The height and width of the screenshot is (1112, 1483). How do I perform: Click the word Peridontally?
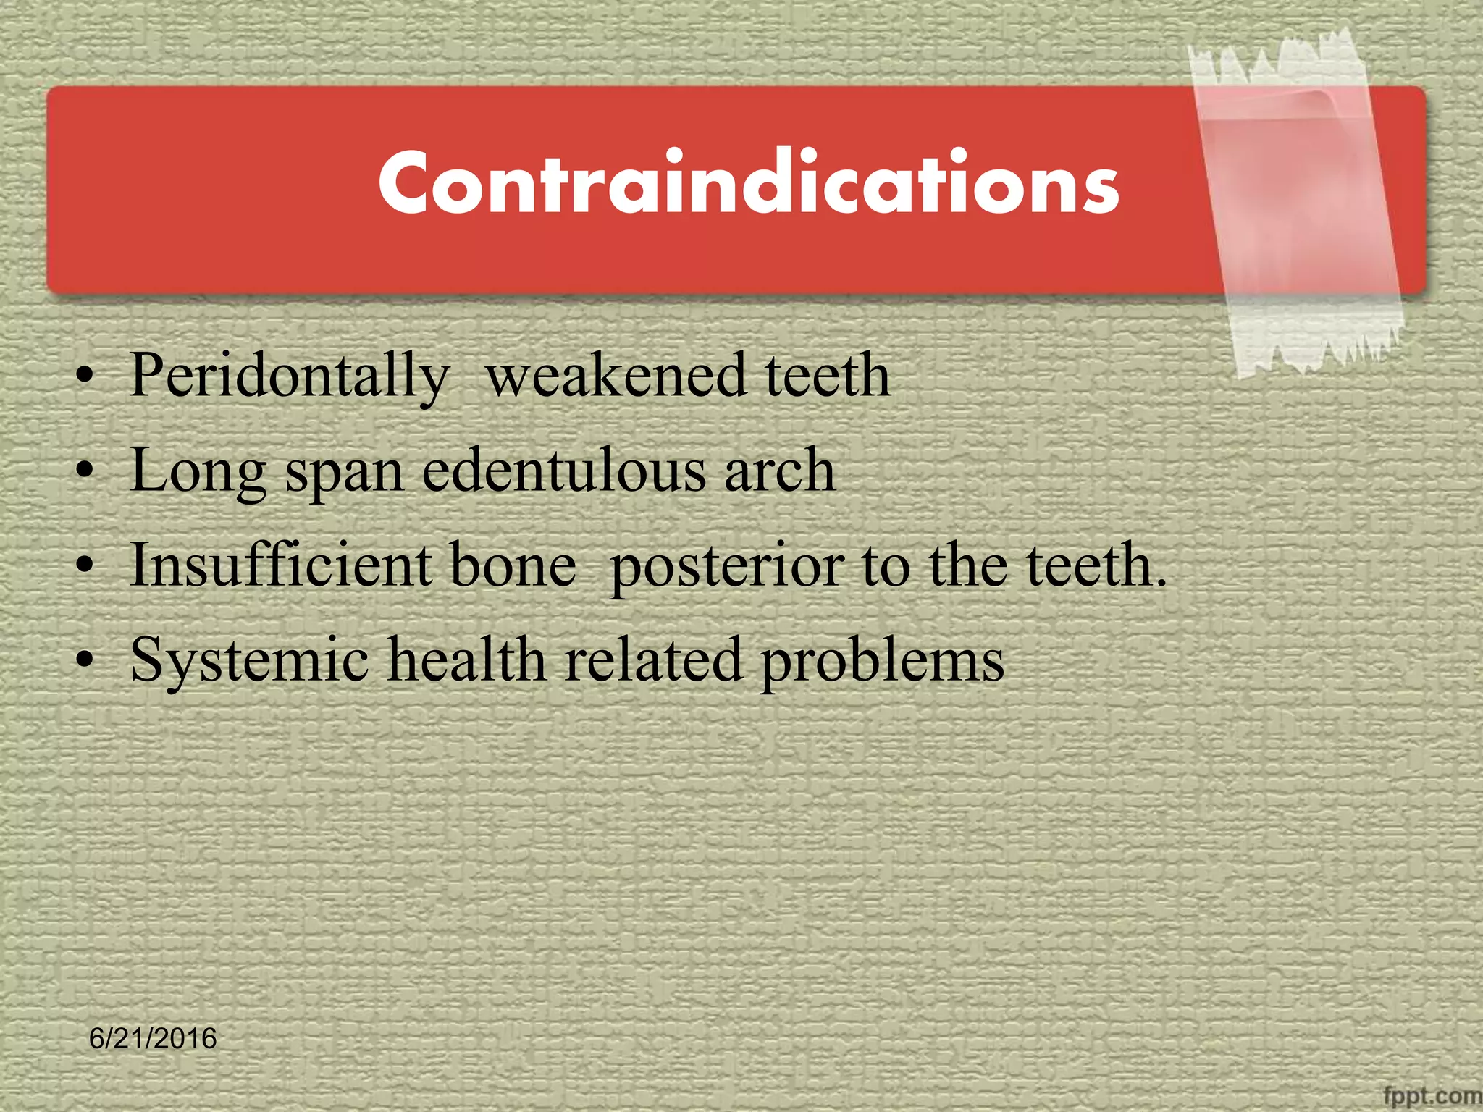pos(288,376)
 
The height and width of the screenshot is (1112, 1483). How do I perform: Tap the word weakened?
pos(616,376)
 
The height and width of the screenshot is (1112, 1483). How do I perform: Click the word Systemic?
pos(249,661)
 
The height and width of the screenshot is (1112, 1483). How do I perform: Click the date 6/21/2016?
pos(153,1038)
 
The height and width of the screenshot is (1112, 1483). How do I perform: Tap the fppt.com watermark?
pos(1431,1095)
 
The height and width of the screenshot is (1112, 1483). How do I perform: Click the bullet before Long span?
pos(85,472)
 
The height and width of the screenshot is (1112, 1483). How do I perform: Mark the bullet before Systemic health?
pos(85,661)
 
